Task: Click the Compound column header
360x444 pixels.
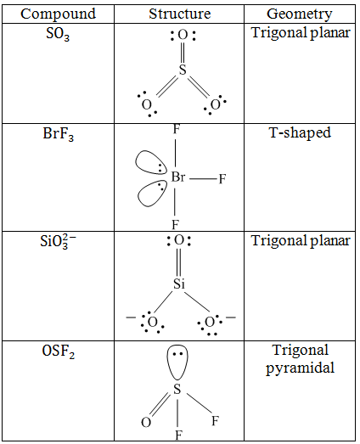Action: tap(58, 14)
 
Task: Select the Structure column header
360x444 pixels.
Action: tap(180, 14)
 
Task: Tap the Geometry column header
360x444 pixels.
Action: tap(300, 14)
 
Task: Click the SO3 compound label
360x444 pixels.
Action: tap(58, 35)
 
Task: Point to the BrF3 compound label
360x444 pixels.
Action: tap(59, 134)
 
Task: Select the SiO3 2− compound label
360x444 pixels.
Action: tap(59, 242)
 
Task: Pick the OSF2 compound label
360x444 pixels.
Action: tap(59, 352)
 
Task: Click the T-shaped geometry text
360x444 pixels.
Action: tap(300, 133)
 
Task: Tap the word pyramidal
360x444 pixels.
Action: tap(300, 368)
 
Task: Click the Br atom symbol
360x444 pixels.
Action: tap(178, 177)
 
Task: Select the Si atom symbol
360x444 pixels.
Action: tap(179, 284)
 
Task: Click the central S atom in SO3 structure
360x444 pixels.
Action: tap(183, 70)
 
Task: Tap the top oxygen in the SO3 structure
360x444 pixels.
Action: tap(183, 35)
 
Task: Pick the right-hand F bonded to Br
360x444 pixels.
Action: tap(222, 179)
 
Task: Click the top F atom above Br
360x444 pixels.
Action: tap(176, 130)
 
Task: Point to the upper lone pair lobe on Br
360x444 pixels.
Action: tap(150, 162)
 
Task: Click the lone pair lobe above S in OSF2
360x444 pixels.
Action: tap(177, 362)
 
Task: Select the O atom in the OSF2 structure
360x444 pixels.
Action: tap(146, 423)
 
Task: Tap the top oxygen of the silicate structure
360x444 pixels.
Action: tap(178, 240)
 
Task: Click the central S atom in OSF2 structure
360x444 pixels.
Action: tap(177, 389)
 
